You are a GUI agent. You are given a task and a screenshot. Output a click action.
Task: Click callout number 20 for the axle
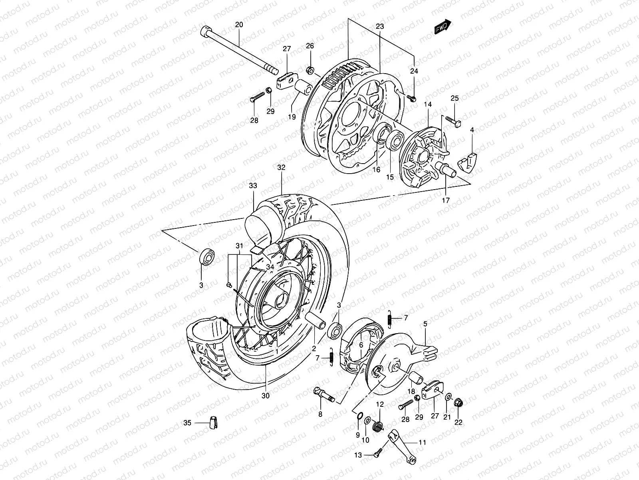click(239, 25)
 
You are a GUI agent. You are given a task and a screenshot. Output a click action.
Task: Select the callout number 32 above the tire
click(282, 168)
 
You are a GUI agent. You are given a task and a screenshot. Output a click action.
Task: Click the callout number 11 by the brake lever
click(423, 442)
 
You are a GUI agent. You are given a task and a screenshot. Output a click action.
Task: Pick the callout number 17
click(446, 200)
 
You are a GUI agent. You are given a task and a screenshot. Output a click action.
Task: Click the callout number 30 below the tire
click(266, 396)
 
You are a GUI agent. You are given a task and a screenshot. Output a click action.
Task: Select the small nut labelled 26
click(310, 71)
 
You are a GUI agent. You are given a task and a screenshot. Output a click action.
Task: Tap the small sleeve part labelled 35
click(212, 422)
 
